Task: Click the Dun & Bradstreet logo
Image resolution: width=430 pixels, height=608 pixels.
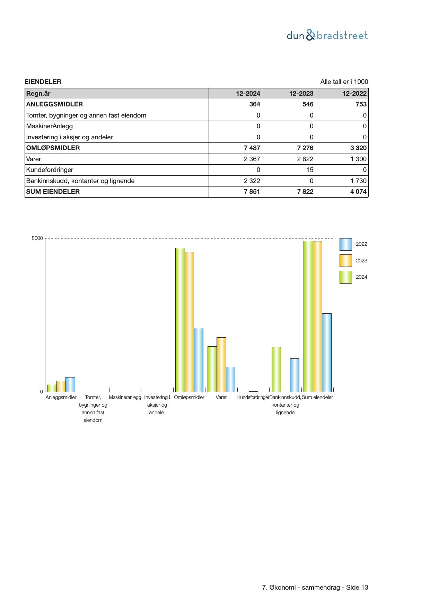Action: coord(327,35)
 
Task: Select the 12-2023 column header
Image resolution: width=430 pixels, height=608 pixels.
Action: coord(301,94)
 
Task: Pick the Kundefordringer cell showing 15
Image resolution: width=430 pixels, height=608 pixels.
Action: coord(309,170)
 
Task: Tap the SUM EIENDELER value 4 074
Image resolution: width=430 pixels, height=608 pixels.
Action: coord(358,192)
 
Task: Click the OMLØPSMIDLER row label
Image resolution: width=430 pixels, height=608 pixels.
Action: coord(53,148)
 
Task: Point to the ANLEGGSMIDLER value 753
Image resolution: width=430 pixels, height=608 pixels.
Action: coord(361,104)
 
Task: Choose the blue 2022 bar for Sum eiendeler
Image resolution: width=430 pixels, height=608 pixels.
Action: coord(327,352)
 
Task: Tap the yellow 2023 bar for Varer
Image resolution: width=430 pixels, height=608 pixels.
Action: coord(221,364)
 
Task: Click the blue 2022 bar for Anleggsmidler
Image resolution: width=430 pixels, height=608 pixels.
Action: coord(70,384)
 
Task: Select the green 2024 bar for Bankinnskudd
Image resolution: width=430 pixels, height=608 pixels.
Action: coord(276,369)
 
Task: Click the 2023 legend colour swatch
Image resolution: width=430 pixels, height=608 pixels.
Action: coord(345,261)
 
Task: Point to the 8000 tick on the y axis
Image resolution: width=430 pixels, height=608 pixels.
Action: coord(37,238)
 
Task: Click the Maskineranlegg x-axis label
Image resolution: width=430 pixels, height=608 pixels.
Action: coord(125,398)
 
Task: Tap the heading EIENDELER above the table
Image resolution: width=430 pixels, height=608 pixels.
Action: coord(43,82)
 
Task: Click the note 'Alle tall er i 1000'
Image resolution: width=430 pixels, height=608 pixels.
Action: coord(344,82)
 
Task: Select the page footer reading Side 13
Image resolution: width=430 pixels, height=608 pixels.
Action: coord(315,588)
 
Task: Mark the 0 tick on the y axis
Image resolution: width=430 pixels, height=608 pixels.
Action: coord(42,392)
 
